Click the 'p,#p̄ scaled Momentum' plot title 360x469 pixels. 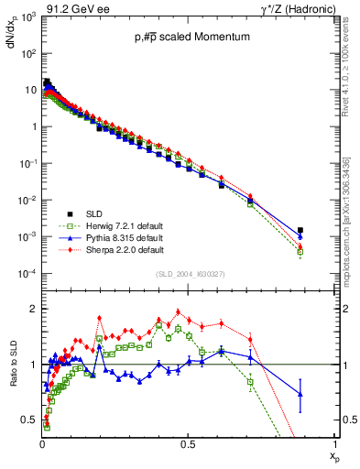click(182, 37)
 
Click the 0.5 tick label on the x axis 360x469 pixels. click(188, 442)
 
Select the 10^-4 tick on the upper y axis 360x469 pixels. click(27, 274)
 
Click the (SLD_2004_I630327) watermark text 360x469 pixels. click(188, 274)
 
